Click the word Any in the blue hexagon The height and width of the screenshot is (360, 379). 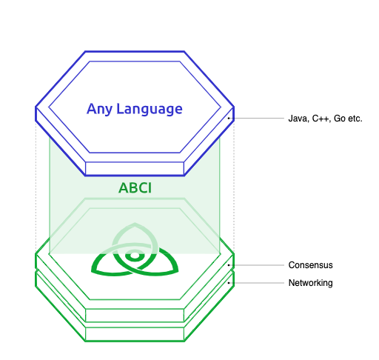[x=100, y=109]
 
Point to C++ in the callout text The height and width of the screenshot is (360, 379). [x=321, y=118]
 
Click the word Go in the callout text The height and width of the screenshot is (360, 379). [x=340, y=118]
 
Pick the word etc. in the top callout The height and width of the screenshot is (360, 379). [x=355, y=118]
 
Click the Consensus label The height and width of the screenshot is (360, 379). [x=310, y=264]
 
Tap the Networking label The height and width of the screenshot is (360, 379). [x=310, y=283]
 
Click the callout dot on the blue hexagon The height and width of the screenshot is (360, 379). [x=229, y=118]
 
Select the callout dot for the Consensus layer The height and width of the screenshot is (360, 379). [x=229, y=264]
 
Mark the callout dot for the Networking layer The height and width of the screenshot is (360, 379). [x=229, y=283]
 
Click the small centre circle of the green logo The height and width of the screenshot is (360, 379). [x=134, y=255]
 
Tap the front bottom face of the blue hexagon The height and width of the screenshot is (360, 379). [x=134, y=168]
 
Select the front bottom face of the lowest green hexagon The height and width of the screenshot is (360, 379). [x=134, y=334]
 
